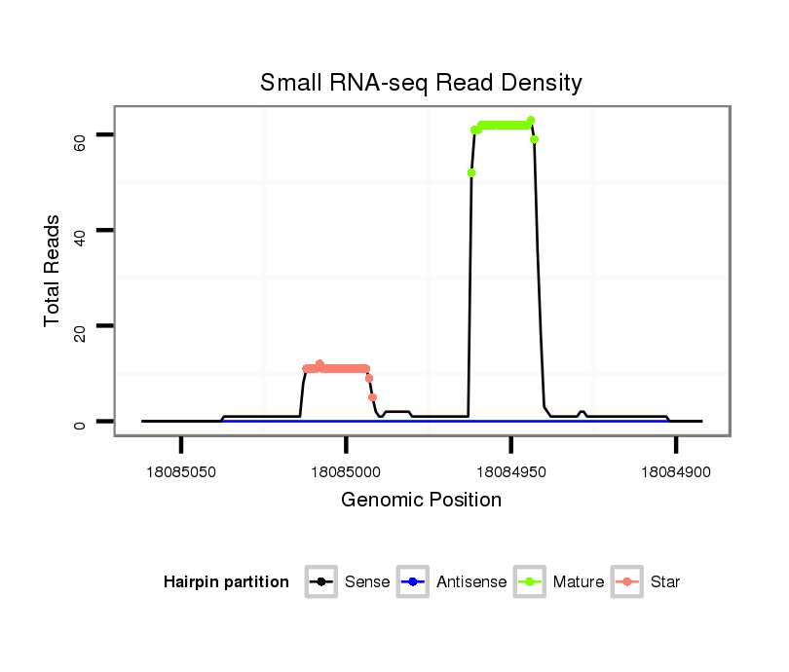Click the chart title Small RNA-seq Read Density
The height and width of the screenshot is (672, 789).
point(421,83)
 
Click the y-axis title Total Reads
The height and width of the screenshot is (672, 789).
point(53,271)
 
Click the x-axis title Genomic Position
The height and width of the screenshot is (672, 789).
point(421,501)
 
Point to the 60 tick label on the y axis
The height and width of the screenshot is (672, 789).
point(80,142)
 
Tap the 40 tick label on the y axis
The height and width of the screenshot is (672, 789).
point(80,238)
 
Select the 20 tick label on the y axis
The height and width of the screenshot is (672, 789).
point(80,333)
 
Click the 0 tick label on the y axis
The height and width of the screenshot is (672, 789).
point(80,426)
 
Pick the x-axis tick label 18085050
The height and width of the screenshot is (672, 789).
point(181,472)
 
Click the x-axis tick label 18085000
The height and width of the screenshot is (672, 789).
point(346,472)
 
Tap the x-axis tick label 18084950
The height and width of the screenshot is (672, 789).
point(510,472)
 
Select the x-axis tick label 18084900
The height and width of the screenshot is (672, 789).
point(675,472)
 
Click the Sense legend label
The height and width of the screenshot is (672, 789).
point(367,582)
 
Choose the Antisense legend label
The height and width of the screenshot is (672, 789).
point(471,582)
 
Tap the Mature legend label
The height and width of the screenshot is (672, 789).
point(578,582)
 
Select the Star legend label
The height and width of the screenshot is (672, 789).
point(666,582)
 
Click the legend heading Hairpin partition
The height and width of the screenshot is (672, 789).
point(226,582)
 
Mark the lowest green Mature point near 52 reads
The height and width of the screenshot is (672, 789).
point(471,172)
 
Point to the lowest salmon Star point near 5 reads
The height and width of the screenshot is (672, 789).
point(372,396)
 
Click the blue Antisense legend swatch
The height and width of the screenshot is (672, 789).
point(415,582)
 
